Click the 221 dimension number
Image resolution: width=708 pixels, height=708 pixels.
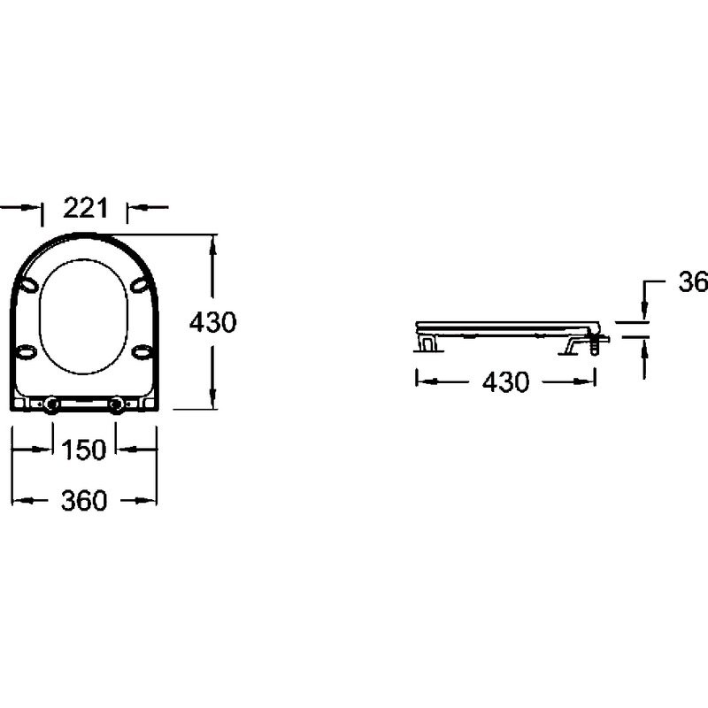85,208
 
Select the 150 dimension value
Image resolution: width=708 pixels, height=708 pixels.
83,450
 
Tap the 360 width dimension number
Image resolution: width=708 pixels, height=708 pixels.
84,500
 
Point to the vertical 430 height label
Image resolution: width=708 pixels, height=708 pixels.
212,322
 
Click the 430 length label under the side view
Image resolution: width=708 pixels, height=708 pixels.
505,382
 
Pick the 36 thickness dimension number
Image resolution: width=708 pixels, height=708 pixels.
693,282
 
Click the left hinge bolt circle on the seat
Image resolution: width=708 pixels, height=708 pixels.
50,405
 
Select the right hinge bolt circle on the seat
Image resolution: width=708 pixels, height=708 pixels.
117,405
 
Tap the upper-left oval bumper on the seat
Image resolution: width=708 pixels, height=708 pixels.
28,285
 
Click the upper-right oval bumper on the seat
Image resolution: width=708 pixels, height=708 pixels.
140,285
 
